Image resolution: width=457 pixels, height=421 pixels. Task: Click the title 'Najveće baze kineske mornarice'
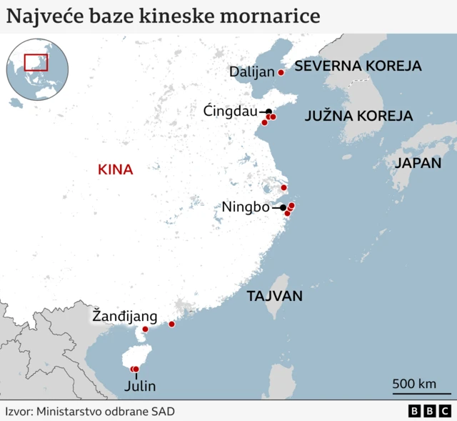point(164,15)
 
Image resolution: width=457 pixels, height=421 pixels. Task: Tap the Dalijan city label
point(252,71)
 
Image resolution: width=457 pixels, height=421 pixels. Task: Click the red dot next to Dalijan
point(281,72)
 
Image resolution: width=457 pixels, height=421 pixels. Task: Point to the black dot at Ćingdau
point(268,112)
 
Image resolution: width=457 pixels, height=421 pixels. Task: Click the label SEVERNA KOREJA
point(358,66)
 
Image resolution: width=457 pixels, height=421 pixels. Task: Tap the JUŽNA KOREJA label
point(358,116)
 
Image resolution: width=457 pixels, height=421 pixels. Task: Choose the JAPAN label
point(418,163)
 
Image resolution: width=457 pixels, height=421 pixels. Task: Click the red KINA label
point(116,170)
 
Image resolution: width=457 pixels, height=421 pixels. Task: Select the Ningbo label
point(245,207)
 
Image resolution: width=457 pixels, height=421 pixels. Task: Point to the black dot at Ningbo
point(283,207)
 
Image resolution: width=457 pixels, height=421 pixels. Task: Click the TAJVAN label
point(275,296)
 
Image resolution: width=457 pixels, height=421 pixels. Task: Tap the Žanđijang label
point(124,315)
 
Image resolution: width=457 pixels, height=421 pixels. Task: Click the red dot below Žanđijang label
point(146,330)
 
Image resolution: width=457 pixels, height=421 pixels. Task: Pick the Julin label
point(139,387)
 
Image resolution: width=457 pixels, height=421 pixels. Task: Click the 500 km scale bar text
point(414,384)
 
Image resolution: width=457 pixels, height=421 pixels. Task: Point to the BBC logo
point(429,411)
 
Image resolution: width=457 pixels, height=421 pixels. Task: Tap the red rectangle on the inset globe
point(36,62)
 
